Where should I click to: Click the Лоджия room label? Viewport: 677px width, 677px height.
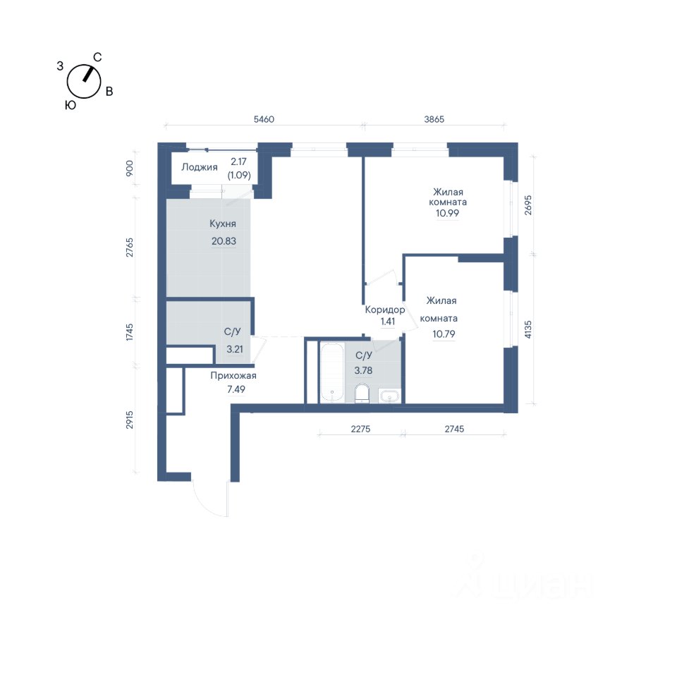click(199, 168)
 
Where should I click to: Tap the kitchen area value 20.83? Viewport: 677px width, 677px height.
click(224, 241)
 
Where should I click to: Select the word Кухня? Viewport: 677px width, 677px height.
click(223, 224)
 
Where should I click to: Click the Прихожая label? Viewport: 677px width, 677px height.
click(233, 376)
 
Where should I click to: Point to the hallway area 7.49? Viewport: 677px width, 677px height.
click(236, 389)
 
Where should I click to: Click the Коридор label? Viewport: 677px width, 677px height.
click(385, 310)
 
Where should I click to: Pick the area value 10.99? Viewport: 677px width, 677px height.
click(447, 213)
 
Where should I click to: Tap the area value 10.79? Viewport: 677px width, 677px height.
click(444, 334)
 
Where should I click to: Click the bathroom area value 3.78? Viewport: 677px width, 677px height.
click(364, 370)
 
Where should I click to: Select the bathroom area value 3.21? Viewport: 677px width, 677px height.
click(235, 349)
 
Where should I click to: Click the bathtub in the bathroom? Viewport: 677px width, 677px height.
click(332, 372)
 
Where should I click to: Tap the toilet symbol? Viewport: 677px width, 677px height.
click(362, 393)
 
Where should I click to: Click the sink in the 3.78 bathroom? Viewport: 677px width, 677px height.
click(389, 396)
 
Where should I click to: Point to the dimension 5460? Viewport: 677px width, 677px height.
click(264, 119)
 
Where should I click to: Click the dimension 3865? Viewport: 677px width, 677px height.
click(434, 119)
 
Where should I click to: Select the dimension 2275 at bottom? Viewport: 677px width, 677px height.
click(360, 429)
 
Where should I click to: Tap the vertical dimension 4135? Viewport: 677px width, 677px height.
click(528, 329)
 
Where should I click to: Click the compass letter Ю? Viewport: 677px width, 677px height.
click(71, 105)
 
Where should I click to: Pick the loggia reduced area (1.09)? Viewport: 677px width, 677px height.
click(239, 176)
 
